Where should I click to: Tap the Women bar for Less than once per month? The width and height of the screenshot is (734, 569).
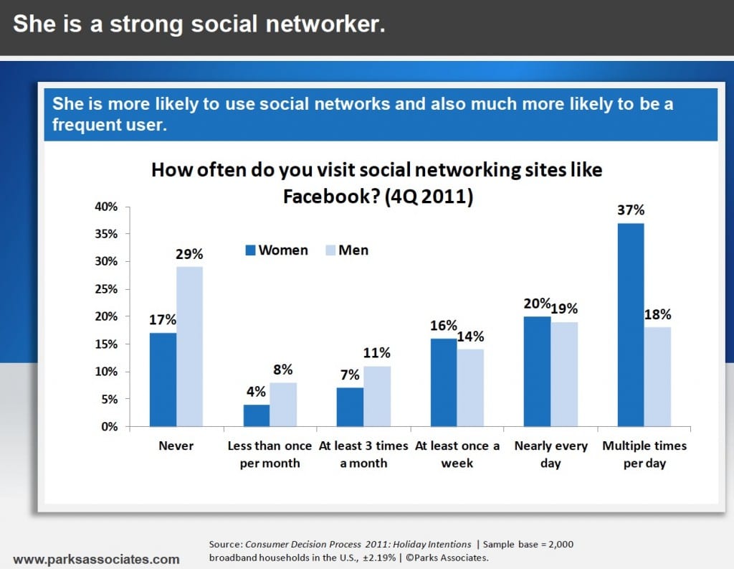[x=256, y=415]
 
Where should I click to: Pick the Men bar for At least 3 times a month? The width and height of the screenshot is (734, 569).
[x=377, y=396]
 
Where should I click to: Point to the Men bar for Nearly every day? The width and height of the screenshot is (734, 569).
[x=564, y=374]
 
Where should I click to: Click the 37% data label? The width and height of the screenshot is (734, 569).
[x=631, y=210]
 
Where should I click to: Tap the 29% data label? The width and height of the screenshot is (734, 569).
[x=190, y=254]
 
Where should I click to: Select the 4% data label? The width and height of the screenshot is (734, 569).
[x=256, y=392]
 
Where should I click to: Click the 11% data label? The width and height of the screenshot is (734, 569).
[x=377, y=353]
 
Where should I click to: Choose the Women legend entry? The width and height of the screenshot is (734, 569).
[x=276, y=250]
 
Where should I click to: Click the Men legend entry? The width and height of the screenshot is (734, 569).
[x=346, y=250]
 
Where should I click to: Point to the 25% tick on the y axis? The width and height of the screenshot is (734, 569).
[x=107, y=289]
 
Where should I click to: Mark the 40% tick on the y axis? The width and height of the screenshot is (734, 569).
[x=107, y=207]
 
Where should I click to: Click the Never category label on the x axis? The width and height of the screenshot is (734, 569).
[x=176, y=446]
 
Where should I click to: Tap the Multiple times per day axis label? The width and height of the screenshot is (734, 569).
[x=644, y=454]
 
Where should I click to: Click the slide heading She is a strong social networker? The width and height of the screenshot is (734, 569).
[x=199, y=24]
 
